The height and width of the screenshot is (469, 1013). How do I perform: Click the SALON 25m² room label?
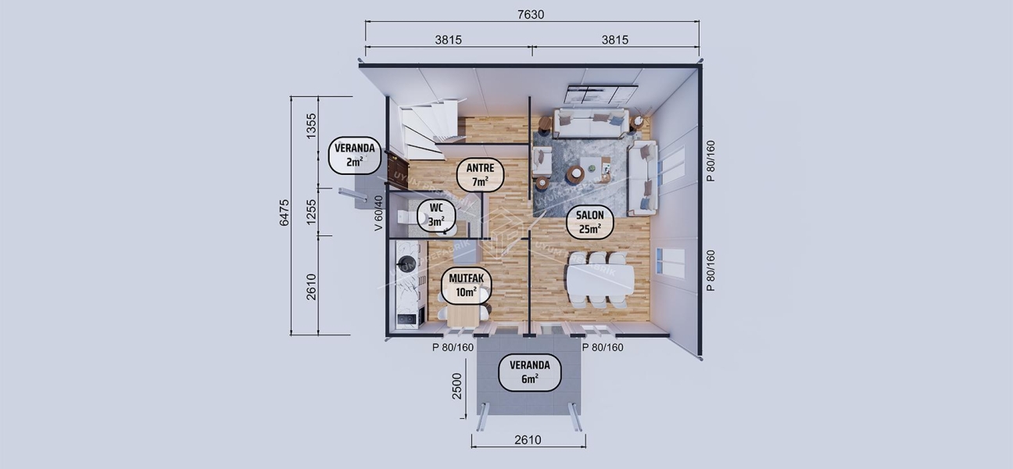589,222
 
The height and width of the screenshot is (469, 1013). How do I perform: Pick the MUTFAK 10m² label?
466,285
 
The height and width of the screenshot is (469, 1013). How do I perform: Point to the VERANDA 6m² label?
529,372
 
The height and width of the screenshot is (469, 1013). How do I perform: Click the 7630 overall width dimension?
532,15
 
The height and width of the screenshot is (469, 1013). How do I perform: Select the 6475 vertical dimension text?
285,213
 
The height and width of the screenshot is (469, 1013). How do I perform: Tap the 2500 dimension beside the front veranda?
458,386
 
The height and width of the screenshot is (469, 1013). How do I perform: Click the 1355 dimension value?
311,126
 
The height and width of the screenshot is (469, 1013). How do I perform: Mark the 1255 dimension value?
311,212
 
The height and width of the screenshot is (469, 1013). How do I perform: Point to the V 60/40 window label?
378,213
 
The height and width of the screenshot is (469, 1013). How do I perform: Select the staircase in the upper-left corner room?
428,127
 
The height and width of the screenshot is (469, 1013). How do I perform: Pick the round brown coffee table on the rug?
575,174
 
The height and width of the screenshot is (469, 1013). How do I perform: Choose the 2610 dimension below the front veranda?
528,440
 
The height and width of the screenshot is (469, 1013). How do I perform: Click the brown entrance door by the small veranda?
397,166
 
